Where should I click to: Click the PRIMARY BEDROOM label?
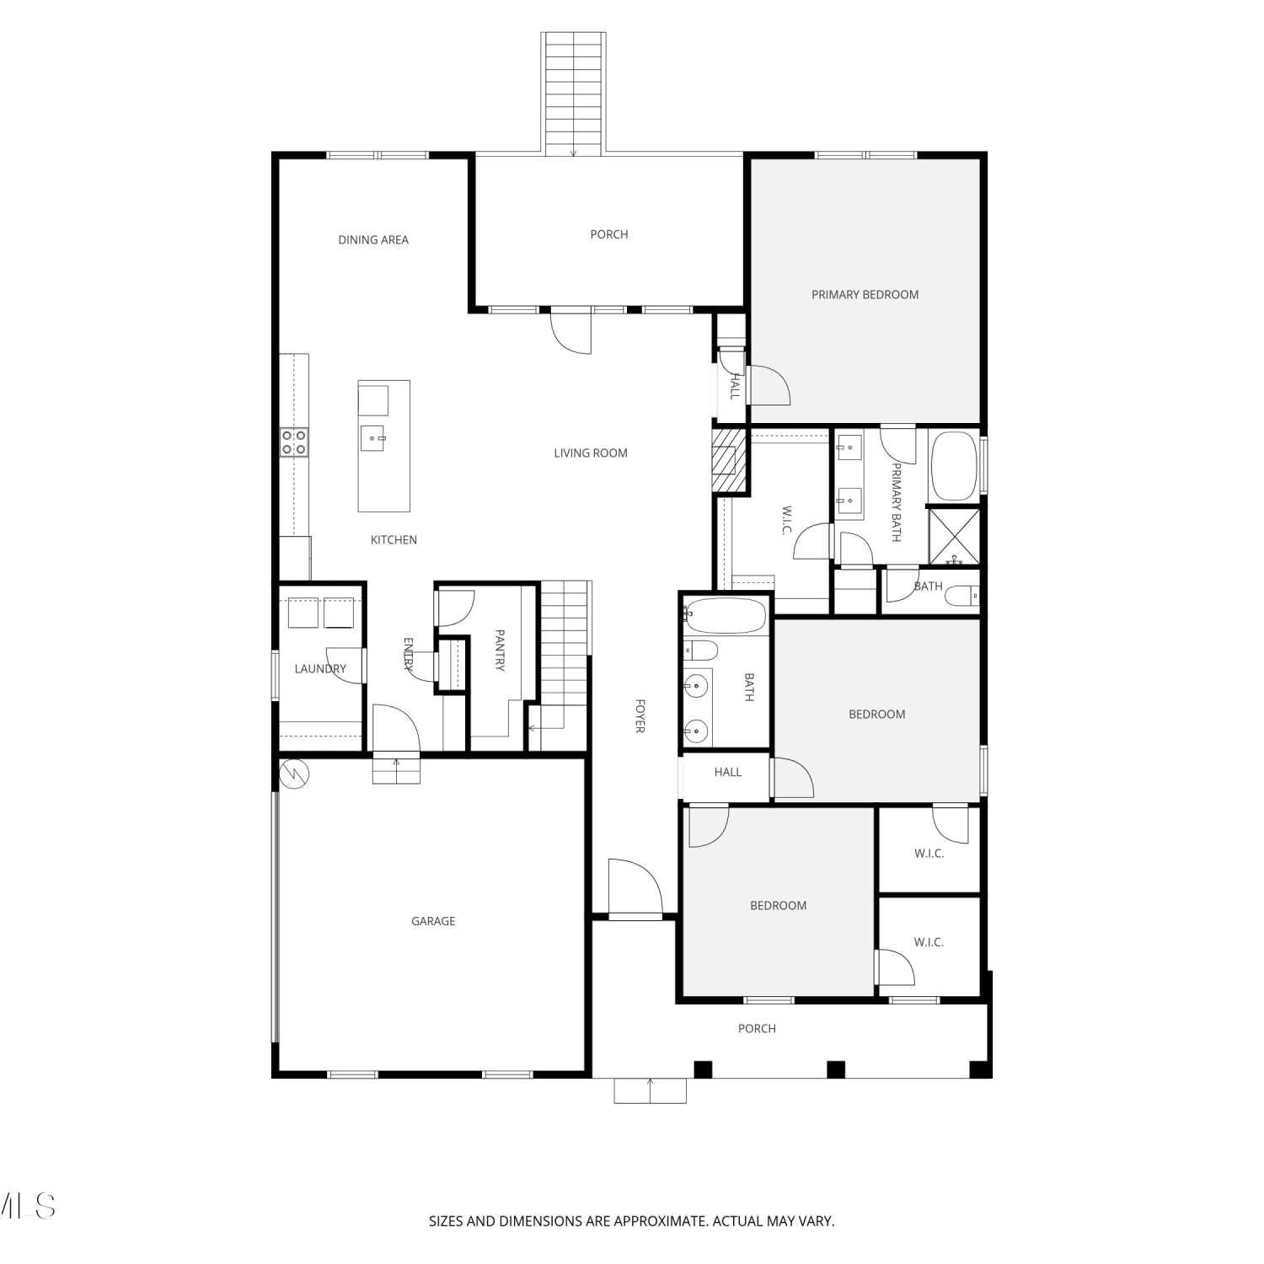[865, 295]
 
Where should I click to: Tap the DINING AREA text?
[373, 240]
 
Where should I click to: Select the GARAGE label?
[433, 921]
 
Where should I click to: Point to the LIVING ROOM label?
[591, 453]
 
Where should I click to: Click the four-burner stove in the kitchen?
[294, 442]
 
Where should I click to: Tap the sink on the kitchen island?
[373, 438]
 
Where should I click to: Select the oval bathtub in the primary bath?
[953, 467]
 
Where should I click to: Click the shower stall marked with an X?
[955, 537]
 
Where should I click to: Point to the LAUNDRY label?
[320, 669]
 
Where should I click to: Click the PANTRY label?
[500, 650]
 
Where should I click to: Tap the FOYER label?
[640, 715]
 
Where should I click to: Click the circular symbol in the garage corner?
[295, 773]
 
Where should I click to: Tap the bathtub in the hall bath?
[726, 616]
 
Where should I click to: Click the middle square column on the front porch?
[835, 1069]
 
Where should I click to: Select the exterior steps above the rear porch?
[573, 94]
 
